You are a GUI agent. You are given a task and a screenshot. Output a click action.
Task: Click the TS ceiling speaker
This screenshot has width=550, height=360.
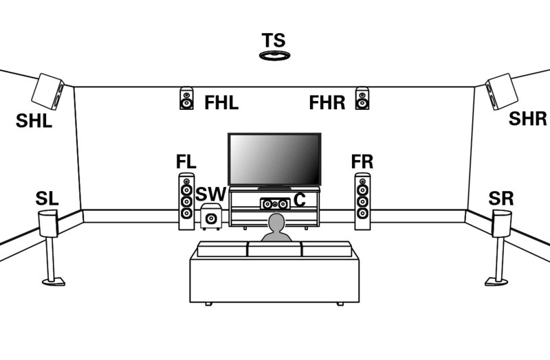click(274, 56)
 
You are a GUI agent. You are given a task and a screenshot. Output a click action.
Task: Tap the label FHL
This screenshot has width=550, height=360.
click(221, 102)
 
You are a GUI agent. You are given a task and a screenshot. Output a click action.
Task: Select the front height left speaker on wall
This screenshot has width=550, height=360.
click(186, 98)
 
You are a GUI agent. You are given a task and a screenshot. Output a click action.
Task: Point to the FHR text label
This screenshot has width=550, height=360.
click(327, 102)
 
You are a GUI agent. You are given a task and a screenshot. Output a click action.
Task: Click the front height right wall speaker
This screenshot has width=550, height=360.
click(362, 98)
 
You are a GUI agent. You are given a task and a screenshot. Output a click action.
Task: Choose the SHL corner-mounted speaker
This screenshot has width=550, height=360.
click(47, 91)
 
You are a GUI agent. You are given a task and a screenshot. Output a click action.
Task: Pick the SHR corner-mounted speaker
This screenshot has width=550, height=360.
click(502, 91)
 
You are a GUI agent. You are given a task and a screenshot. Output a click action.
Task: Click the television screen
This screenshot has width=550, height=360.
click(274, 159)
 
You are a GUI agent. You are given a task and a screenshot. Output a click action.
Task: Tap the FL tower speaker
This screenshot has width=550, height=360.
click(186, 201)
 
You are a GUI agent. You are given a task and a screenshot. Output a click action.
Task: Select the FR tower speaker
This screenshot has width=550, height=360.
click(362, 201)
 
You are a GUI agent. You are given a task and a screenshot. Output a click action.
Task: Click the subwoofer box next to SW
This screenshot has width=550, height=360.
click(211, 216)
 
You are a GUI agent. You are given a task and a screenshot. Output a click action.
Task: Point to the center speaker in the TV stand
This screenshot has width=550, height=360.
click(275, 203)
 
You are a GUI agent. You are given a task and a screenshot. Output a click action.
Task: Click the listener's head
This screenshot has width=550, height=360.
click(276, 223)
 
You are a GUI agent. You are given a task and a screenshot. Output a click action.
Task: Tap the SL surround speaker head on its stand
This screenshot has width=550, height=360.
click(48, 223)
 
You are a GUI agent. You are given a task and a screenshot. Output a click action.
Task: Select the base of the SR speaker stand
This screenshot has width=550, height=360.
click(496, 282)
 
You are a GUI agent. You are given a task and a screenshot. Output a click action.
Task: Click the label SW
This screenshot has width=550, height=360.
click(211, 194)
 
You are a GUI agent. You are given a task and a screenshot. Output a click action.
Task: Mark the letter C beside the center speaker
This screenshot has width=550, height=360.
click(300, 200)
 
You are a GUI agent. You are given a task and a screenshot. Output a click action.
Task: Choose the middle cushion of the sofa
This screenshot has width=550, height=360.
click(274, 249)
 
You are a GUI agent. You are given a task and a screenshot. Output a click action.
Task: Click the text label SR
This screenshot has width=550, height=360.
click(501, 199)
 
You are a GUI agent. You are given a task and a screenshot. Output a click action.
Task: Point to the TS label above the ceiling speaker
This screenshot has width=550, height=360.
click(274, 41)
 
